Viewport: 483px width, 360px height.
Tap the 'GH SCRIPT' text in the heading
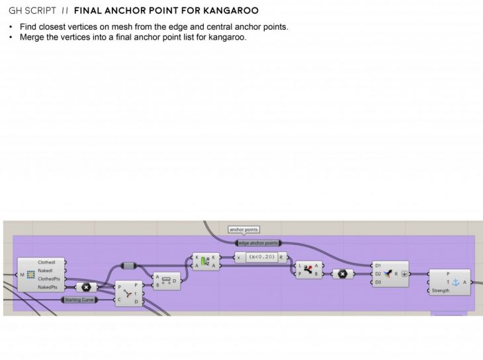pyautogui.click(x=31, y=11)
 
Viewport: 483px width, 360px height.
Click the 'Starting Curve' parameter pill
pyautogui.click(x=79, y=300)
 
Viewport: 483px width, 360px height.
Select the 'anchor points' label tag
pyautogui.click(x=243, y=230)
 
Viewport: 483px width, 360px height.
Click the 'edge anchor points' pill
pyautogui.click(x=258, y=243)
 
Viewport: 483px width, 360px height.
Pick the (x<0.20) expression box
pyautogui.click(x=261, y=257)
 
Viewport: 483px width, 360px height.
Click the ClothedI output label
pyautogui.click(x=46, y=262)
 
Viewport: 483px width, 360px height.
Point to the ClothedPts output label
pyautogui.click(x=48, y=279)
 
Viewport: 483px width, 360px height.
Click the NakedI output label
pyautogui.click(x=45, y=271)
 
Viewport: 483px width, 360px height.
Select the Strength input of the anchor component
pyautogui.click(x=441, y=291)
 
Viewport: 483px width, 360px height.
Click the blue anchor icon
pyautogui.click(x=455, y=282)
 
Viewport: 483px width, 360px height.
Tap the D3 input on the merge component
pyautogui.click(x=378, y=283)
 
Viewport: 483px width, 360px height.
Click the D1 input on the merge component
pyautogui.click(x=378, y=265)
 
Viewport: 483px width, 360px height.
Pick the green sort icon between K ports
pyautogui.click(x=205, y=261)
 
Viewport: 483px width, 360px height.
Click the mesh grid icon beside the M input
pyautogui.click(x=30, y=275)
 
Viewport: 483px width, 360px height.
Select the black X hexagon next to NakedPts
pyautogui.click(x=86, y=287)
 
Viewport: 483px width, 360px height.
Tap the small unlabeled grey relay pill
pyautogui.click(x=128, y=265)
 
